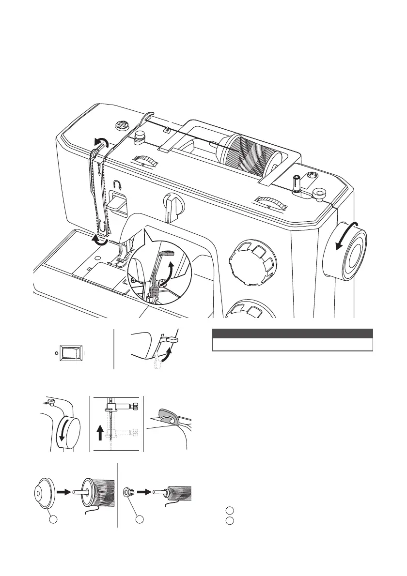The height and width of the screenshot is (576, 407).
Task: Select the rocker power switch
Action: tap(69, 353)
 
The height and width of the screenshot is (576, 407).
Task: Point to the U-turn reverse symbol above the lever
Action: tap(116, 184)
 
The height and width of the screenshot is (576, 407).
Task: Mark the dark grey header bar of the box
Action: tap(293, 333)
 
